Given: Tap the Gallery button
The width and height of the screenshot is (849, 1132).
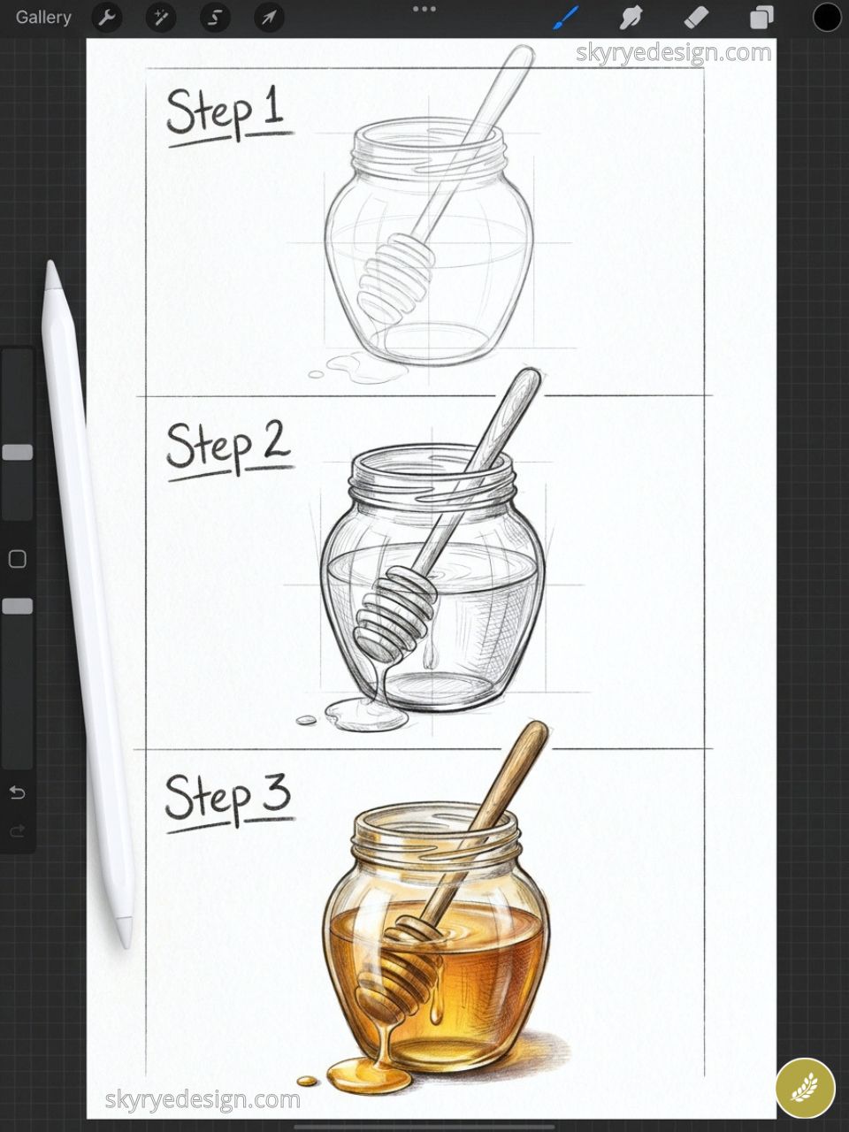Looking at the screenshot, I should (x=43, y=17).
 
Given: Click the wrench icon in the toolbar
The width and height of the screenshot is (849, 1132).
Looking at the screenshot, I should (x=107, y=17).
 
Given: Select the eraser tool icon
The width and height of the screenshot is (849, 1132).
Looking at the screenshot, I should (x=697, y=17).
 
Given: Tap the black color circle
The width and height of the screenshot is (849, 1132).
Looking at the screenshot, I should (x=827, y=17).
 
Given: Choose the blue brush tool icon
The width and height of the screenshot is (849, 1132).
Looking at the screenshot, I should (x=565, y=17).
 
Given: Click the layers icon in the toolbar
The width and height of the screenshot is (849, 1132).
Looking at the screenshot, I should (x=761, y=17).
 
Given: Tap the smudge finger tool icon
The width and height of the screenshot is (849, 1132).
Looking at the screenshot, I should (x=631, y=17).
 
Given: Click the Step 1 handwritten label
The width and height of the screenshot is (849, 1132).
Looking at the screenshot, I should (x=226, y=113).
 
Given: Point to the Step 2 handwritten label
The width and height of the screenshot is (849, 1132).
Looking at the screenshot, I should (x=227, y=446).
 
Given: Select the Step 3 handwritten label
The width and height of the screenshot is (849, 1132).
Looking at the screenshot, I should (x=227, y=799).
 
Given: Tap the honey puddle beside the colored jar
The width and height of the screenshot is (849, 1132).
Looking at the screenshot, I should (x=368, y=1075).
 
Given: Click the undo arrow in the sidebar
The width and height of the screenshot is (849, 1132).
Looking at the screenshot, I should (x=17, y=792).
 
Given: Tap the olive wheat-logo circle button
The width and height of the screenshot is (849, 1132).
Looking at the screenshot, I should (x=805, y=1088).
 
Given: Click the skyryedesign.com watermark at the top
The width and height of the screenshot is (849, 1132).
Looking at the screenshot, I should (x=673, y=53).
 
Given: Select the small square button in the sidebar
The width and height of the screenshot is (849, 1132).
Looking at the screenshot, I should (x=17, y=559).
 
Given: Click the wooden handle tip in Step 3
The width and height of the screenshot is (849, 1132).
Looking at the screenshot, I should (x=532, y=730).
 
